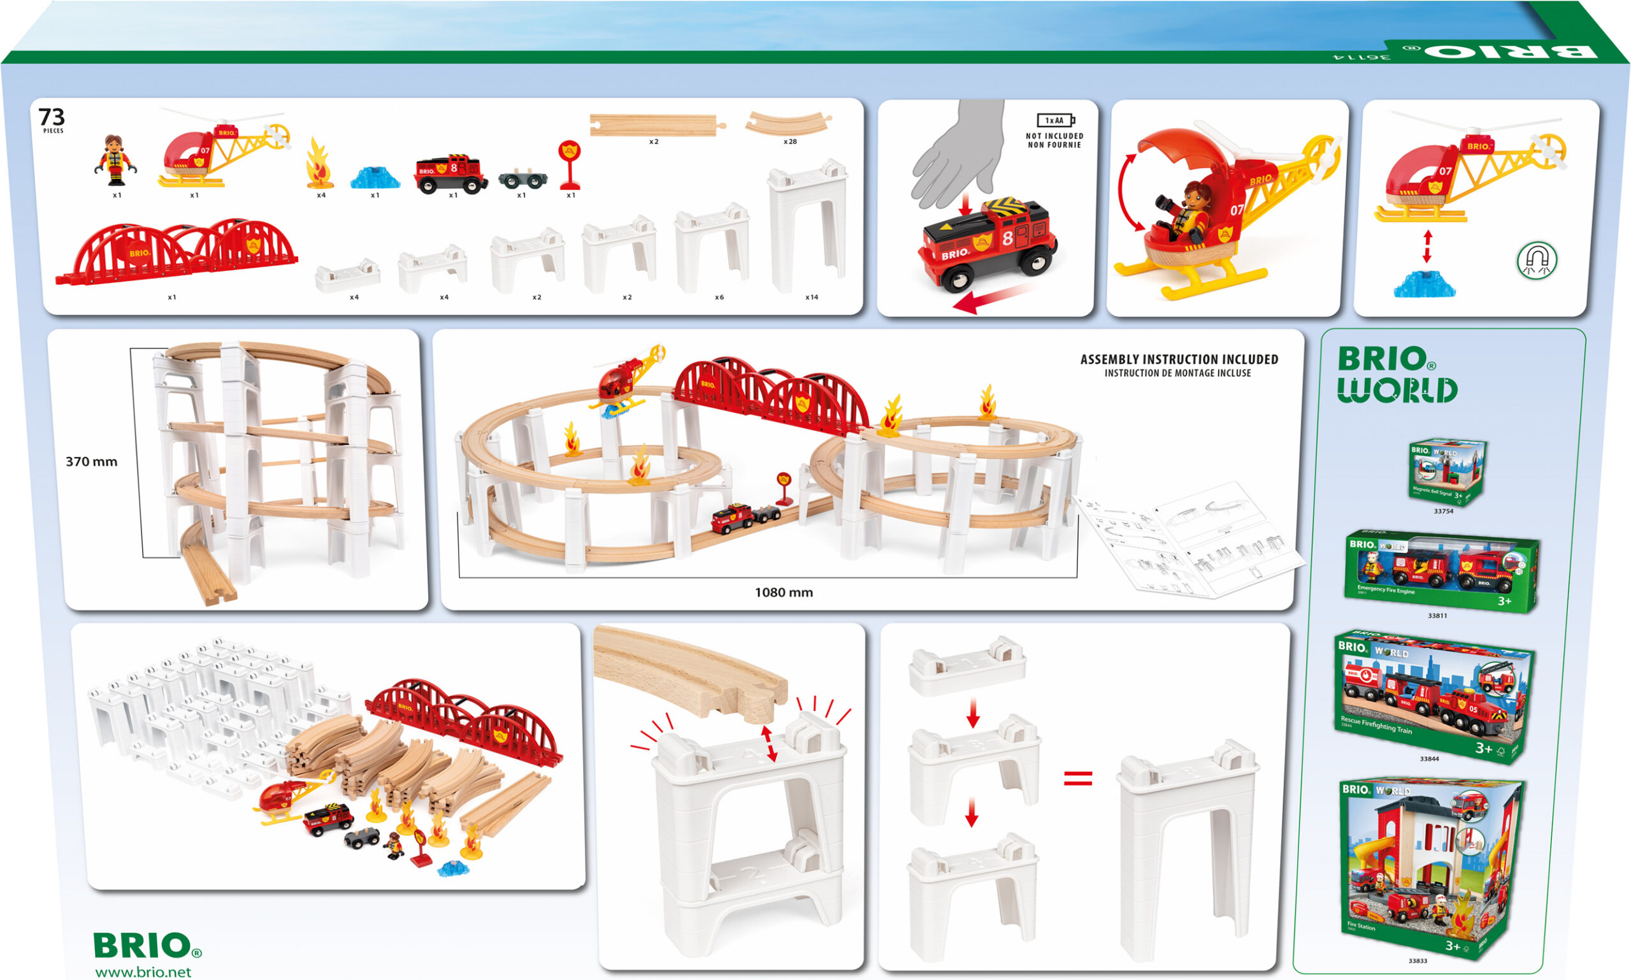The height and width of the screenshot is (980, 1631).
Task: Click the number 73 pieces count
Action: pyautogui.click(x=52, y=117)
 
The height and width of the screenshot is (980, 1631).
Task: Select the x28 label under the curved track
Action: pyautogui.click(x=790, y=141)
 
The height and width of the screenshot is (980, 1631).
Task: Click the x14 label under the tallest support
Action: pyautogui.click(x=812, y=297)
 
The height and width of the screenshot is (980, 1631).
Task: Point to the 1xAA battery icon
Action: pyautogui.click(x=1055, y=120)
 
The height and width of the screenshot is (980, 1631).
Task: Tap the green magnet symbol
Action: pyautogui.click(x=1537, y=260)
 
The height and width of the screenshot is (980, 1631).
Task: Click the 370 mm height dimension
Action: pyautogui.click(x=91, y=461)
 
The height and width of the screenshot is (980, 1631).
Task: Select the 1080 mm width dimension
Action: pyautogui.click(x=784, y=593)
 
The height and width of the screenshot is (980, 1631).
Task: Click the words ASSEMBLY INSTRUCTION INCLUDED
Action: pyautogui.click(x=1179, y=359)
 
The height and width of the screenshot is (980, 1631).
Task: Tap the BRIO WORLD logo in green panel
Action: pyautogui.click(x=1396, y=375)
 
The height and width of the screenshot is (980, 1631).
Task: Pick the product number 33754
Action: pyautogui.click(x=1443, y=511)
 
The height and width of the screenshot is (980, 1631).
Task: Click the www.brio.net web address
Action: pyautogui.click(x=143, y=972)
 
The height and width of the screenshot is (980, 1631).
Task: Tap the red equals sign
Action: pyautogui.click(x=1077, y=779)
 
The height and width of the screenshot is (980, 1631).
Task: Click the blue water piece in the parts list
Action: pyautogui.click(x=375, y=178)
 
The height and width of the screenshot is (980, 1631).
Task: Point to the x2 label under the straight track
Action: pyautogui.click(x=653, y=141)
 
